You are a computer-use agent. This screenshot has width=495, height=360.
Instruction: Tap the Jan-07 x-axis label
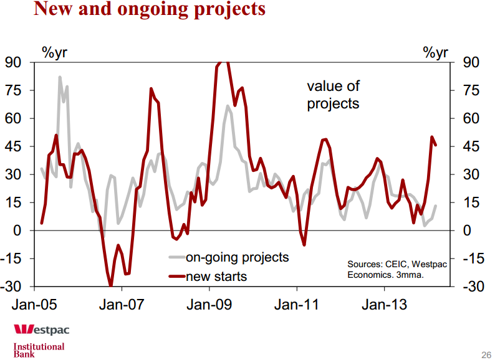tap(122, 305)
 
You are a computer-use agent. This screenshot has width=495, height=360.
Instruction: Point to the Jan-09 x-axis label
tap(209, 305)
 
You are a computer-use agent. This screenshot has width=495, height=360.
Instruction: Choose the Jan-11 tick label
tap(297, 305)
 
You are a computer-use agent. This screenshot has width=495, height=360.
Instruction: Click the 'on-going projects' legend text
tap(238, 257)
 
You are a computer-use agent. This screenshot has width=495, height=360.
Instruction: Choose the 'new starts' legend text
tap(216, 276)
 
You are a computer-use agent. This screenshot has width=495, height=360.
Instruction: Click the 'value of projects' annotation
tap(333, 95)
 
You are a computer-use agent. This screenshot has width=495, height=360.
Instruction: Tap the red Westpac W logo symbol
tap(24, 329)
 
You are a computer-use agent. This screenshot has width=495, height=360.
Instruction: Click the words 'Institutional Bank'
tap(39, 350)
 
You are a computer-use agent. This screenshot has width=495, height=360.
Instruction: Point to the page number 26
tap(486, 354)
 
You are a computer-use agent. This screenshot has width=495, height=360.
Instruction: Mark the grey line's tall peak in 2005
tap(60, 77)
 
